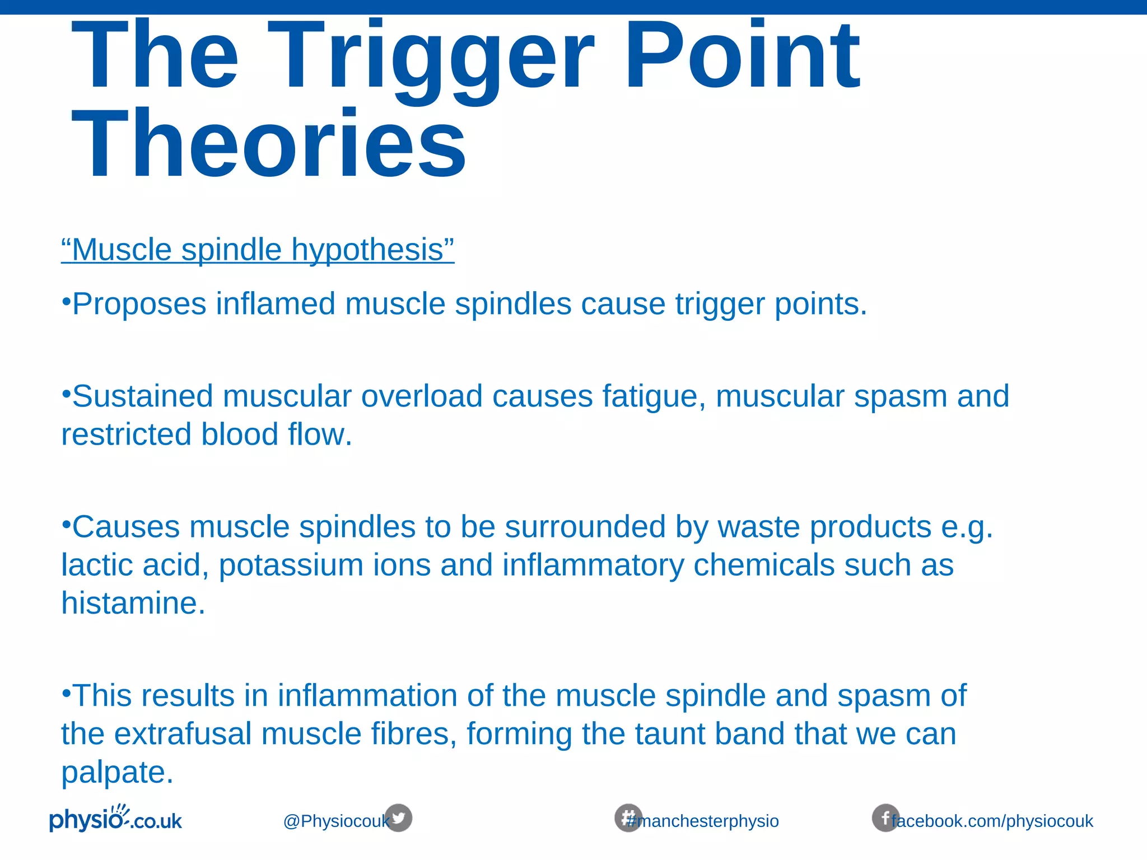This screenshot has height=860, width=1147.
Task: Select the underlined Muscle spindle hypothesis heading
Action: click(258, 250)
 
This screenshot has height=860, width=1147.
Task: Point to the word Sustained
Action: click(142, 396)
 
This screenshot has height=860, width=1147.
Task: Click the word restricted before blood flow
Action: click(126, 435)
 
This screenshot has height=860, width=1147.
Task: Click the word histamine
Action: click(133, 604)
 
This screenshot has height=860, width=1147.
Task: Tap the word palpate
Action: click(117, 773)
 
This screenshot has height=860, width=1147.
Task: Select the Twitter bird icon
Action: click(398, 818)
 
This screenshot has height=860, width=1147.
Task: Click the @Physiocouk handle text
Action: click(335, 821)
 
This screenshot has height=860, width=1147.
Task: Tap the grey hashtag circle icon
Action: click(628, 818)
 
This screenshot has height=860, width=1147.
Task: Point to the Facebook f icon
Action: click(885, 818)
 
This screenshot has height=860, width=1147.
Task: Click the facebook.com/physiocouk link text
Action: click(992, 821)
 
